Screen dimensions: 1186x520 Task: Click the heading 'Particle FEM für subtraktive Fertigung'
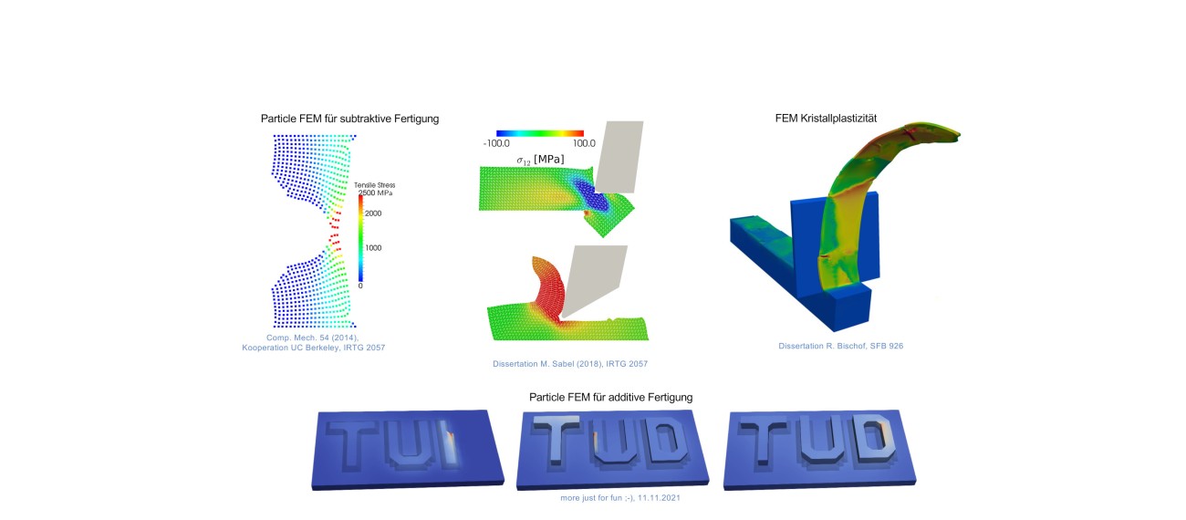(x=349, y=119)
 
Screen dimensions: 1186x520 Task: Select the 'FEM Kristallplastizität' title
(x=826, y=118)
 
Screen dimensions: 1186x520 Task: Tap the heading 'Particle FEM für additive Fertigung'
(x=610, y=397)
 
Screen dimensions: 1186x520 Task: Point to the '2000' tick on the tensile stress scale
(x=373, y=213)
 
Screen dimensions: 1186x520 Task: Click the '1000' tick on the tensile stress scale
(x=373, y=248)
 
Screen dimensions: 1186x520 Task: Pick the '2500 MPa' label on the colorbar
(x=375, y=192)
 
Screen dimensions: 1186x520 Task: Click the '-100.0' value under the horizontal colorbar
(x=496, y=143)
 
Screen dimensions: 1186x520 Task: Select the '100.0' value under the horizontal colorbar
(x=584, y=143)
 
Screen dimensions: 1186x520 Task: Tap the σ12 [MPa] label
(x=540, y=160)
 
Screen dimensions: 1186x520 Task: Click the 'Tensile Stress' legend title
(x=374, y=185)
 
